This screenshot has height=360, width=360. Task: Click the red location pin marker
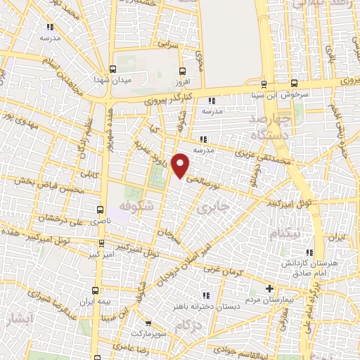coord(181,166)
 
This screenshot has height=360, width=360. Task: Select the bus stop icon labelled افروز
coord(183,70)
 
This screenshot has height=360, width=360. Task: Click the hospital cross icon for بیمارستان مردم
coord(269,288)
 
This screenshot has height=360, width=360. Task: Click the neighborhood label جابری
coord(210,209)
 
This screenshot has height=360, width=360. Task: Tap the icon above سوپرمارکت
coord(143,324)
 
